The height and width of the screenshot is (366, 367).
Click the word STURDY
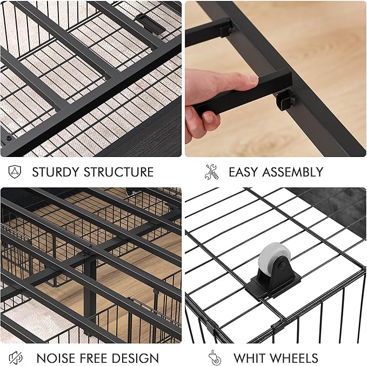pyautogui.click(x=56, y=172)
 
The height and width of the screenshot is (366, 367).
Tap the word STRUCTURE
pyautogui.click(x=119, y=172)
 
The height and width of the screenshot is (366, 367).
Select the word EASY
pyautogui.click(x=243, y=172)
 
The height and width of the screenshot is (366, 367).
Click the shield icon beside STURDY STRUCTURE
pyautogui.click(x=15, y=172)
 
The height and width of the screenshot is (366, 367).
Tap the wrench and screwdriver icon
pyautogui.click(x=212, y=172)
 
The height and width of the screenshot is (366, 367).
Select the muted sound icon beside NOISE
pyautogui.click(x=16, y=358)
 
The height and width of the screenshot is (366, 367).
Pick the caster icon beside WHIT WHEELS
pyautogui.click(x=215, y=357)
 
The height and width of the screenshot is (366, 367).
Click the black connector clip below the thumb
pyautogui.click(x=285, y=100)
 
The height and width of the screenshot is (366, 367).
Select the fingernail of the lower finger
pyautogui.click(x=208, y=117)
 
